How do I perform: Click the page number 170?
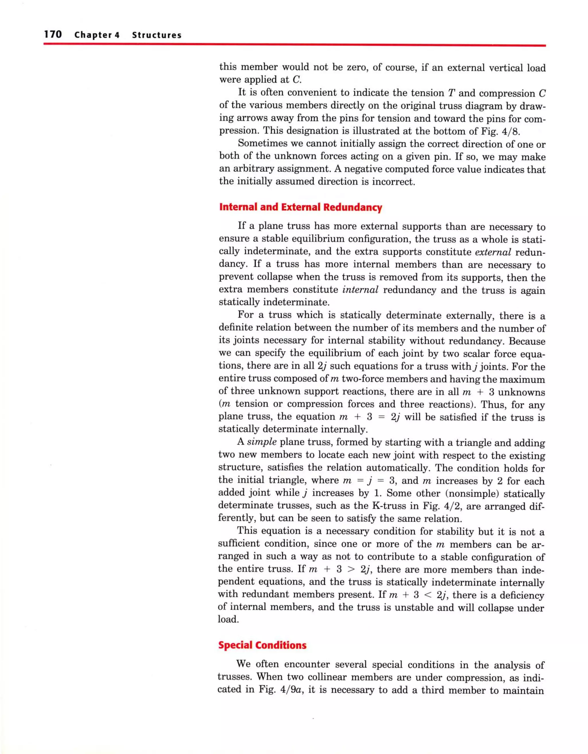pyautogui.click(x=53, y=34)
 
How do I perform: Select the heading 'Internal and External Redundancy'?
pyautogui.click(x=300, y=207)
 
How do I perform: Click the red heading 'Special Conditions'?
pyautogui.click(x=262, y=645)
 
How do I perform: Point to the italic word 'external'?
pyautogui.click(x=493, y=252)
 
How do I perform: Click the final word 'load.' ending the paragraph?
pyautogui.click(x=228, y=619)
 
